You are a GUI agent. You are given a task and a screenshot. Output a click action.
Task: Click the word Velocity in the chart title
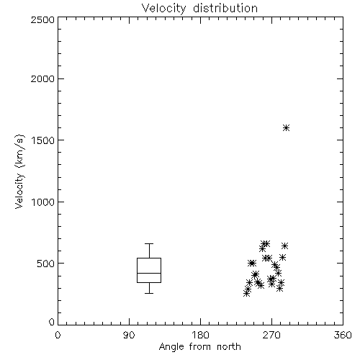point(163,9)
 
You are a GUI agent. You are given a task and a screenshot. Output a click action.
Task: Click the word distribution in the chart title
point(225,8)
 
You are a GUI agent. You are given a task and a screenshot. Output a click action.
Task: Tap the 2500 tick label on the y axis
point(42,19)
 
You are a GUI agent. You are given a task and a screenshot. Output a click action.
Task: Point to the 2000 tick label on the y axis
point(42,78)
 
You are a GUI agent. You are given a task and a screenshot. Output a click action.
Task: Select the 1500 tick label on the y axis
point(43,140)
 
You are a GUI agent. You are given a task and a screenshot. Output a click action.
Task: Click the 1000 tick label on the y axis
point(43,202)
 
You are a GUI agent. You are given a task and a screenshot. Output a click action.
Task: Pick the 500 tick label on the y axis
point(46,264)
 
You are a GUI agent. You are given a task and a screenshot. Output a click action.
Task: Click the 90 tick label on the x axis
point(129,335)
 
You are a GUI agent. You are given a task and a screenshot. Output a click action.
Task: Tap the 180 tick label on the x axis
point(200,335)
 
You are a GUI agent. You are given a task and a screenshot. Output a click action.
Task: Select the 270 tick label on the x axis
point(271,335)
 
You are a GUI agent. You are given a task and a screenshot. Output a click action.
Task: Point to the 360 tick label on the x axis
point(343,335)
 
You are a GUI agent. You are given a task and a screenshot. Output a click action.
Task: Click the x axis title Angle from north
point(200,347)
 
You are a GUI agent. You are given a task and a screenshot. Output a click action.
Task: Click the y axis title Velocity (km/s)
point(19,171)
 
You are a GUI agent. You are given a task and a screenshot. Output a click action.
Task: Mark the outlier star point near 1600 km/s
point(286,127)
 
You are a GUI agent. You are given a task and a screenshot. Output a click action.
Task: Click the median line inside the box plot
point(149,273)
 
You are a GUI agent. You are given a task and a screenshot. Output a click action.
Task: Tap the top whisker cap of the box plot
point(149,244)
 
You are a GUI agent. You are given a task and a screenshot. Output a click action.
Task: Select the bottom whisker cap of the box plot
point(149,293)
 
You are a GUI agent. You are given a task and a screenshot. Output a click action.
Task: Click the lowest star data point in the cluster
point(246,293)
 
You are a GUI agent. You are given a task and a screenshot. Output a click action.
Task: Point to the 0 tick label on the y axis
point(52,322)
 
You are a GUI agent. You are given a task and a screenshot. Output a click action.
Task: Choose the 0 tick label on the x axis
point(58,335)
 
